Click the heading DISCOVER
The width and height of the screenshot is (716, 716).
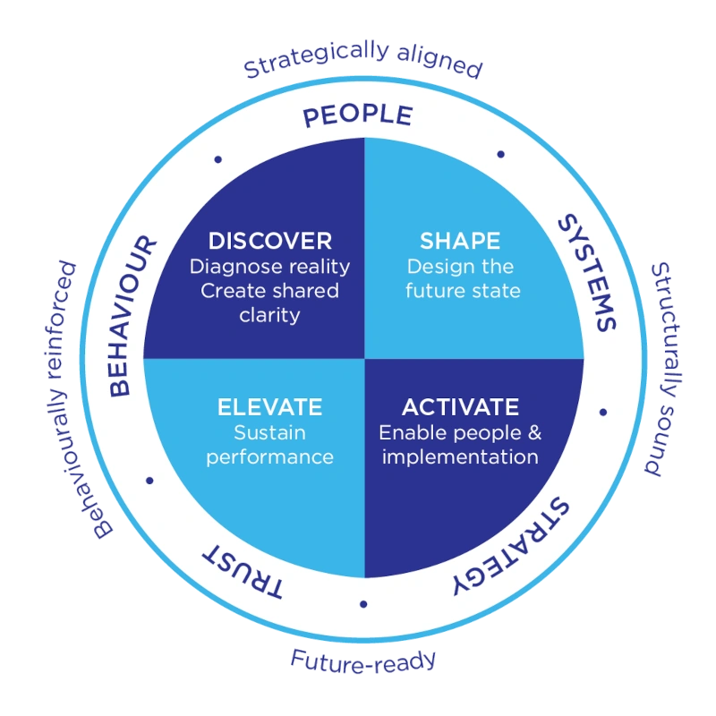point(269,241)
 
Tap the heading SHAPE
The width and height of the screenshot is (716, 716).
point(460,241)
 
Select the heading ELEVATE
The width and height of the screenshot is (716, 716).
point(269,407)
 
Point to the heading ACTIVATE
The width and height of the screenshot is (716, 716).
point(460,407)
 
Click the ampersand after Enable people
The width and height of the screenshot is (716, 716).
point(534,432)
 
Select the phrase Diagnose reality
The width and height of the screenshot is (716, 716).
point(269,267)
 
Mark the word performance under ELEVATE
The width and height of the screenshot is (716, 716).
point(269,456)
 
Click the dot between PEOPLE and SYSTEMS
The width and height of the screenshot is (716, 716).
point(500,155)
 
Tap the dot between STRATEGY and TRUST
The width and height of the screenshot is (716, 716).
point(362,603)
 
